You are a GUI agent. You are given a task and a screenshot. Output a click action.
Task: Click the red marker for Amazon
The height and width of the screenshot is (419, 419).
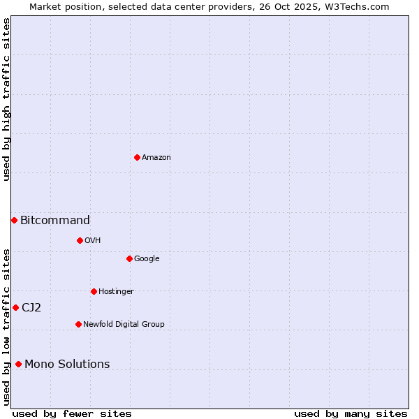[x=137, y=157]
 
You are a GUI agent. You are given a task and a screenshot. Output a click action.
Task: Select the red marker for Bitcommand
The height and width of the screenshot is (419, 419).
[x=14, y=220]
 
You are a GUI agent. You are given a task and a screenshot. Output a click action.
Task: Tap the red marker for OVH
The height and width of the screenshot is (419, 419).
[x=80, y=240]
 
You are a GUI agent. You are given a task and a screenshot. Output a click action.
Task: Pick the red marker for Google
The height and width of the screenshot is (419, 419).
[x=129, y=258]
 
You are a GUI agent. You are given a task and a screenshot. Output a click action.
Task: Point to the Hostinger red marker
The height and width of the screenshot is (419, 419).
[x=94, y=291]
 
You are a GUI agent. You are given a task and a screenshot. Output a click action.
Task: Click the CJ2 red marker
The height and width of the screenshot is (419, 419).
[x=15, y=307]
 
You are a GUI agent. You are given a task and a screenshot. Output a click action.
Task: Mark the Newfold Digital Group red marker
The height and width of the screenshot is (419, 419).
[x=78, y=324]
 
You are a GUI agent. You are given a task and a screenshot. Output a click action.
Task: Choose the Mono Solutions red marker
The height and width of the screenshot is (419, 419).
[x=18, y=364]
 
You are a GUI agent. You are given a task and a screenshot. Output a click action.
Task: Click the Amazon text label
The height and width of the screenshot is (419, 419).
[x=156, y=158]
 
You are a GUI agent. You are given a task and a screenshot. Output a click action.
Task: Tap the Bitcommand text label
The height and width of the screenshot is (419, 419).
[x=55, y=221]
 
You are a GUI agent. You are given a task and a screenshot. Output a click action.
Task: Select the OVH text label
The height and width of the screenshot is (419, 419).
[x=93, y=241]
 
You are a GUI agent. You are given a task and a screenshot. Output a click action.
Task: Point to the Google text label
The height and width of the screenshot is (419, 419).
[x=147, y=259]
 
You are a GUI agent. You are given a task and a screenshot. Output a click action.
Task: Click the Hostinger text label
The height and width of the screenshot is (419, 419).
[x=116, y=292]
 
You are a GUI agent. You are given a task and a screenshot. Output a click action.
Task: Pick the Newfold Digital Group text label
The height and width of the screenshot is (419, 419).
[x=124, y=325]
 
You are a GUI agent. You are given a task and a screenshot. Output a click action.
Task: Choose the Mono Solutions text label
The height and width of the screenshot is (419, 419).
[x=67, y=365]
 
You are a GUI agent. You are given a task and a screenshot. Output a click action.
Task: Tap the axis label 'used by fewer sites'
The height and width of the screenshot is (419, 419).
[x=72, y=413]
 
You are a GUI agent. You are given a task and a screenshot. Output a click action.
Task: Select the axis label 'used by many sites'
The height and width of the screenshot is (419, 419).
[x=351, y=413]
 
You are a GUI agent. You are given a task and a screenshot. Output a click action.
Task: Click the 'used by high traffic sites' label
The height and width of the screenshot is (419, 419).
[x=7, y=99]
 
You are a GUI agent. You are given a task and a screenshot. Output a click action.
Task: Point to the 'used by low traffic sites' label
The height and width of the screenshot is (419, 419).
[x=7, y=327]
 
